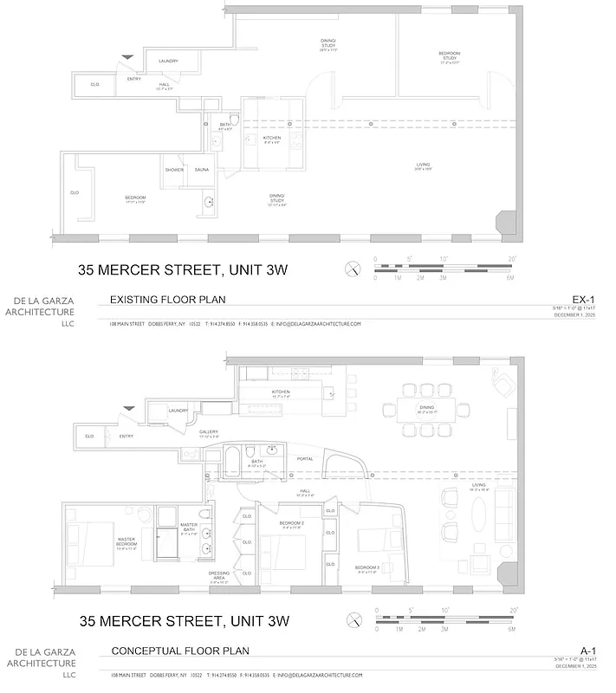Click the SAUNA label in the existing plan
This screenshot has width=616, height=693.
click(201, 170)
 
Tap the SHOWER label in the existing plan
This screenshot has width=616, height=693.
click(174, 170)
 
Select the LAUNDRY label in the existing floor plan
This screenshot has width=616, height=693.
click(168, 61)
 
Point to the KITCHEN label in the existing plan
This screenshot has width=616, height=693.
click(272, 138)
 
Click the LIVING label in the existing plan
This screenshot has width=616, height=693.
click(423, 165)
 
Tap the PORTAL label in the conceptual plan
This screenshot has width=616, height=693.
click(305, 459)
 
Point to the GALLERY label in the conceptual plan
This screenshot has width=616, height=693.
click(208, 431)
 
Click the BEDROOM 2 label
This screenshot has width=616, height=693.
click(291, 524)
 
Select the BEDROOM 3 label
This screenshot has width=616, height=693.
click(368, 569)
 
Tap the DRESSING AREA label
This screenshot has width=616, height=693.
click(219, 575)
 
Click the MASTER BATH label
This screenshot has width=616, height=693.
click(190, 528)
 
